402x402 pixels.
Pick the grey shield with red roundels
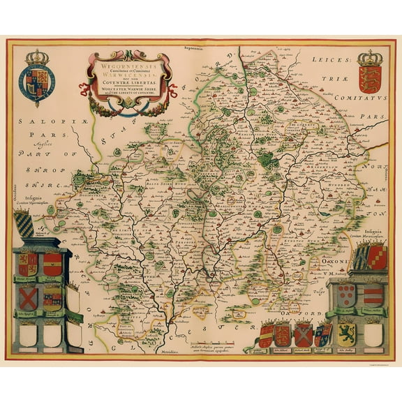[x=346, y=292]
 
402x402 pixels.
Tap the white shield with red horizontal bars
[x=373, y=293]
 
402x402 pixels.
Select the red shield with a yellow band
[x=52, y=264]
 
